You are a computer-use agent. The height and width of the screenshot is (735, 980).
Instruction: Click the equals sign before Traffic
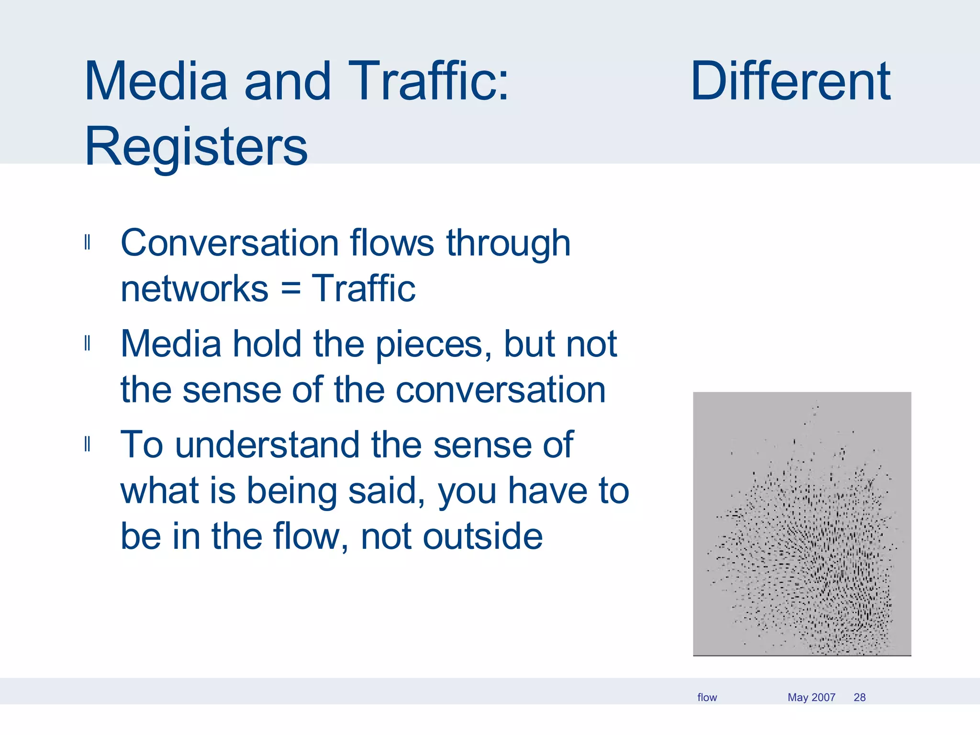[x=290, y=289]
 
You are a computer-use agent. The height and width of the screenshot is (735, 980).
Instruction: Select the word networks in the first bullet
[x=194, y=289]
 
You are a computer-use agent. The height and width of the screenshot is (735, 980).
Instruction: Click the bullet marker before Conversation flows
[x=87, y=243]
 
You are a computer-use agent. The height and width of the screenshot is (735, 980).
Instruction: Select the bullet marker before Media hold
[x=87, y=344]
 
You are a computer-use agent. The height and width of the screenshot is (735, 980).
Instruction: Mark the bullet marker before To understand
[x=87, y=445]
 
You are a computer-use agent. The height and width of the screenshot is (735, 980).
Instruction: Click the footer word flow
[x=707, y=697]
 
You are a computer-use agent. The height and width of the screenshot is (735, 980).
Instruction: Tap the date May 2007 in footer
[x=811, y=697]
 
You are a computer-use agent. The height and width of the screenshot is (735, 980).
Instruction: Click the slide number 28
[x=859, y=697]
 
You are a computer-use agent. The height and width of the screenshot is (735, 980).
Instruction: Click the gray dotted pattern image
[x=802, y=524]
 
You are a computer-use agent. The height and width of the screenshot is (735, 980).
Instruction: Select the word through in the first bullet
[x=508, y=243]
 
